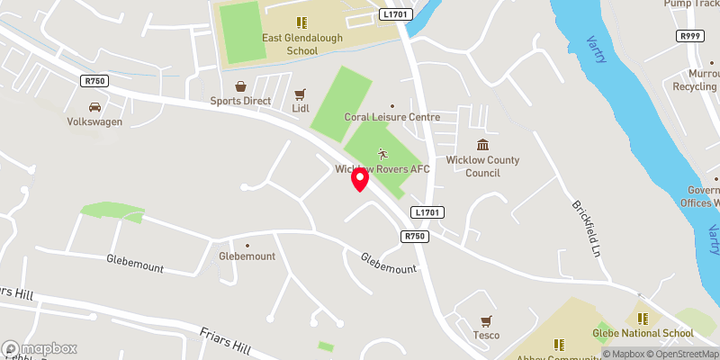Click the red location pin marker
[359, 178]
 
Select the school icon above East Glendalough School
[301, 22]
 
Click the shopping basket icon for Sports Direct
[240, 86]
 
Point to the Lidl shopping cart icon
[300, 93]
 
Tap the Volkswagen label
[94, 121]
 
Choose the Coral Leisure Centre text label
[392, 117]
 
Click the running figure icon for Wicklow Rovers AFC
[382, 153]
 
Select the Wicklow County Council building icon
[482, 145]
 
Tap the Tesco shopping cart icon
[486, 320]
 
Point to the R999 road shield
[689, 35]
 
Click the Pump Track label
[689, 4]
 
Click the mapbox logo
[40, 348]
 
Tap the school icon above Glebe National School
[643, 318]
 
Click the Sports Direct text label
[240, 102]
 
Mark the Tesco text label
[486, 337]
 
